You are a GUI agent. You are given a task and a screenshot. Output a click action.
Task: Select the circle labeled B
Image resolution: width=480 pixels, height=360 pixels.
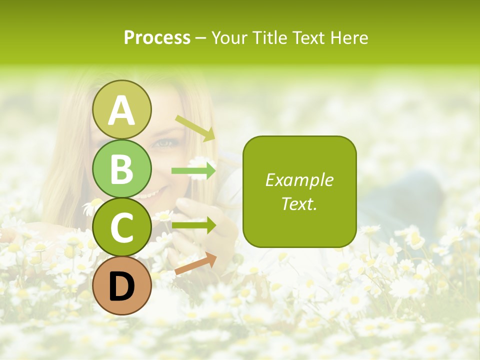(x=121, y=169)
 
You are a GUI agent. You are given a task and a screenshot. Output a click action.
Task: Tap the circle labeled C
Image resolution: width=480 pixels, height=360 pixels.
(x=121, y=227)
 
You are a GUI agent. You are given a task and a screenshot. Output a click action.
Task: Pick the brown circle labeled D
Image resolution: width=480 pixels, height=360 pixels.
(x=121, y=286)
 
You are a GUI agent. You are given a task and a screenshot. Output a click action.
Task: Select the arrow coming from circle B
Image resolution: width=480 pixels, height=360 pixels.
(x=194, y=171)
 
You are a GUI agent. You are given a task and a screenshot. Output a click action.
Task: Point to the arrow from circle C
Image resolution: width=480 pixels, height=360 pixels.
(x=194, y=225)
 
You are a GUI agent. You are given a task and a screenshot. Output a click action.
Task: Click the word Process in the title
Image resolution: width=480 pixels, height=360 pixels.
(x=157, y=37)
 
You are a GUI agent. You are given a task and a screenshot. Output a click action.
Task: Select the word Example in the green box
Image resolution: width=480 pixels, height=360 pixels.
(x=299, y=180)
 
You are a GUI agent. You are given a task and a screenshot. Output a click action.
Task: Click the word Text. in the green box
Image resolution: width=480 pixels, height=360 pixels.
(x=299, y=203)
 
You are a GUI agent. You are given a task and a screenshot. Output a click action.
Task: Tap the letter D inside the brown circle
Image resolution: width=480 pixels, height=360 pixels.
(x=121, y=286)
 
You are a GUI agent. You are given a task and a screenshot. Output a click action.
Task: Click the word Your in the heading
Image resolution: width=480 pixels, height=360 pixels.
(x=230, y=37)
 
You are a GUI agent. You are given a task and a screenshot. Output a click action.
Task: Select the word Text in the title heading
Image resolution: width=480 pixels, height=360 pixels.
(x=308, y=37)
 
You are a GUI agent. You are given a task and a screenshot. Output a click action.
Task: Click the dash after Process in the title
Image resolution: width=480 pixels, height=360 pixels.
(x=200, y=38)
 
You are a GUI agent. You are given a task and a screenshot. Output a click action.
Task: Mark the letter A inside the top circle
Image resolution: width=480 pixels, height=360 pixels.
(x=121, y=110)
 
